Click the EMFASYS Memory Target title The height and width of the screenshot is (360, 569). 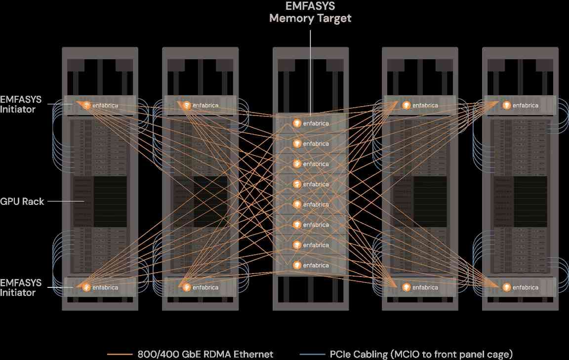(310, 12)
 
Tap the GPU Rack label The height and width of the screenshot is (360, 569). (22, 201)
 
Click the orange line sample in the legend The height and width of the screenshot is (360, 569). (120, 354)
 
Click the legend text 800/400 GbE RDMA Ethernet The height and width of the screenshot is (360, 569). (205, 354)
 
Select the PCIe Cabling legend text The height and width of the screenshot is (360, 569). (421, 354)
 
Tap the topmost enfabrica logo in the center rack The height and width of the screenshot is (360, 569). (297, 123)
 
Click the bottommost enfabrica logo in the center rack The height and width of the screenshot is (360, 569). (297, 265)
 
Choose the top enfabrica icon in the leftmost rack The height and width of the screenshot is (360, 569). (86, 105)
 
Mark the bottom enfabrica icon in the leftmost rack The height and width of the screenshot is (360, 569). (86, 287)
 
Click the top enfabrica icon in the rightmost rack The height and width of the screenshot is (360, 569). (507, 105)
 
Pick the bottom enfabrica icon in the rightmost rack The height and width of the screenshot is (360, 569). (507, 287)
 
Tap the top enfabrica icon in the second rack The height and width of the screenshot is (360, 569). (187, 105)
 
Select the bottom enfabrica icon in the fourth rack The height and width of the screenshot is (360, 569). (406, 287)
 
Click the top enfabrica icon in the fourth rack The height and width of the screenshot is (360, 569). (406, 105)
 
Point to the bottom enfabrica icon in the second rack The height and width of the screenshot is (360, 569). (187, 287)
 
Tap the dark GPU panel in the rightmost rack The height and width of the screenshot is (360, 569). (521, 201)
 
